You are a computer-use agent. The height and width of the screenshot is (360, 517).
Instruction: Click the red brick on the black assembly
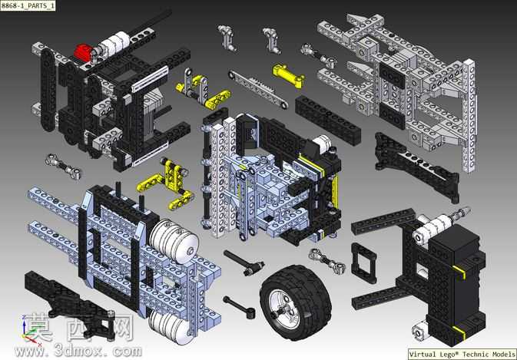point(83,51)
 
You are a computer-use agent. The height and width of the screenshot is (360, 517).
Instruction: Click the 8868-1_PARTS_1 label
point(28,5)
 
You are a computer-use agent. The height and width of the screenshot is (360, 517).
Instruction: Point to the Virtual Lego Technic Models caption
point(462,354)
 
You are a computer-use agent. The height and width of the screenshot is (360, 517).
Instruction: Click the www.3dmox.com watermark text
point(78,351)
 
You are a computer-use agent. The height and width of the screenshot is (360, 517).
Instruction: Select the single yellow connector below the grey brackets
point(288,76)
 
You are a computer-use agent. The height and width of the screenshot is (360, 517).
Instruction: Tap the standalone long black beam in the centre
point(327,120)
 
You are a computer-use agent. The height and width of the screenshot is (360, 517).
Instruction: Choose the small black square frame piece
point(363,263)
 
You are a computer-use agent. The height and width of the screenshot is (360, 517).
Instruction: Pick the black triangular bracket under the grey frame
point(416,165)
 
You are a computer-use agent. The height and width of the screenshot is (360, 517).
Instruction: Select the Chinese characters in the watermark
point(79,328)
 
